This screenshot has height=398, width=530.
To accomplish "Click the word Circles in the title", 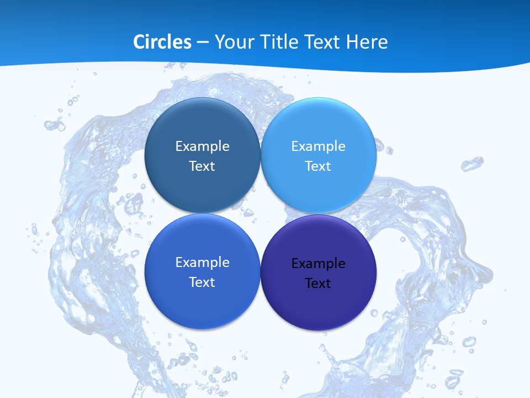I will [162, 42].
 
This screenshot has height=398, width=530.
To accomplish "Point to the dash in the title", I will [202, 43].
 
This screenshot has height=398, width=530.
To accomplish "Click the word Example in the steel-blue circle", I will [202, 146].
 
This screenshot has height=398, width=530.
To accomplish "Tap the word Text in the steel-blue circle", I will [202, 166].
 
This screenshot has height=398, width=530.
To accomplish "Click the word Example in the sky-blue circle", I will [319, 146].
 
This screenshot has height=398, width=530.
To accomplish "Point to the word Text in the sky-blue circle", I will [319, 166].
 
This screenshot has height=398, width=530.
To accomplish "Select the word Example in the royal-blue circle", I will [202, 262].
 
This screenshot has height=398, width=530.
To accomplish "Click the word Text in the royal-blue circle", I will [202, 282].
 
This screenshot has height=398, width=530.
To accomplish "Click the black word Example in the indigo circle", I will [319, 263].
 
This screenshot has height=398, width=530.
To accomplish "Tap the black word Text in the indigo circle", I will [319, 283].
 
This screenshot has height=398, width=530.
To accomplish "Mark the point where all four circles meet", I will [261, 213].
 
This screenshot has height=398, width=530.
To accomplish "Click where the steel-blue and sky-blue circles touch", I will [261, 155].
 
